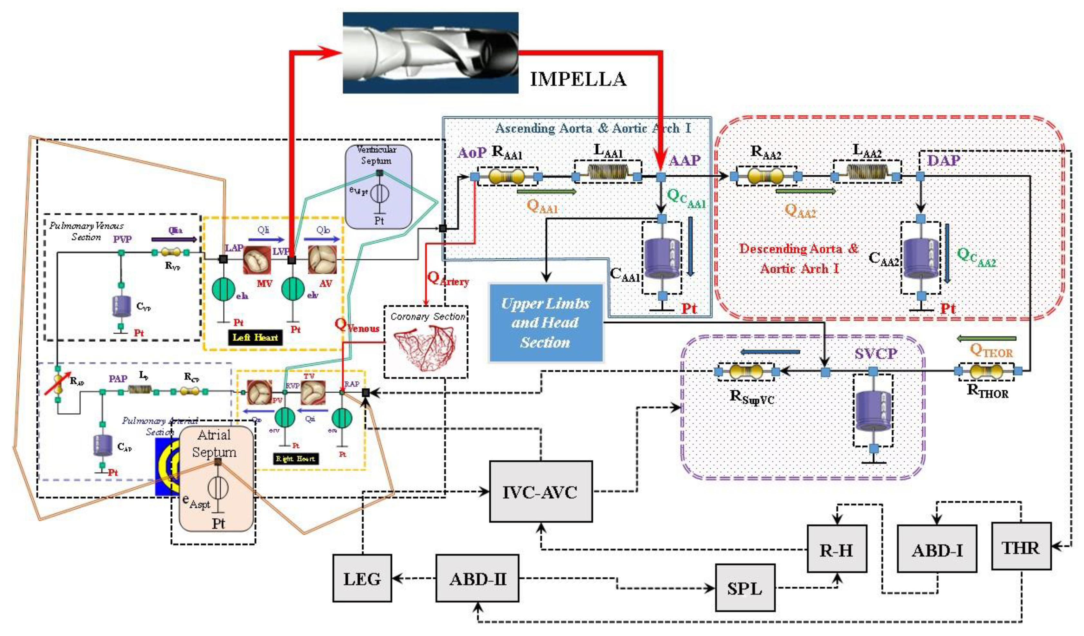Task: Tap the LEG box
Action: tap(362, 578)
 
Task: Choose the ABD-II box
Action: tap(477, 578)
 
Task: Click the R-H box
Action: tap(836, 549)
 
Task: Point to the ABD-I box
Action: tap(937, 549)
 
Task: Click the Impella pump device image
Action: tap(430, 53)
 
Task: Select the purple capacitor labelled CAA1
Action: tap(662, 258)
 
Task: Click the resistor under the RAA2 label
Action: tap(766, 176)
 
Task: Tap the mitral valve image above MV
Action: tap(256, 260)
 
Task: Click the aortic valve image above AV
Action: tap(322, 259)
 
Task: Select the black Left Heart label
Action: tap(255, 338)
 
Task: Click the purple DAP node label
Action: tap(943, 161)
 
